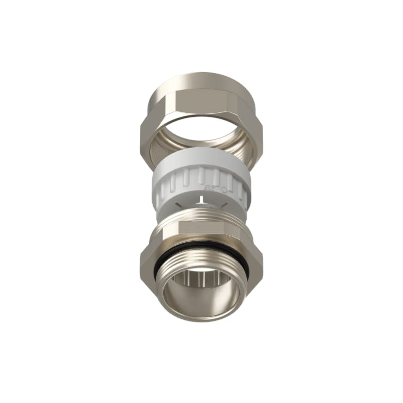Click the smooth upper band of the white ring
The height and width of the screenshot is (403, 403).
[201, 160]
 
